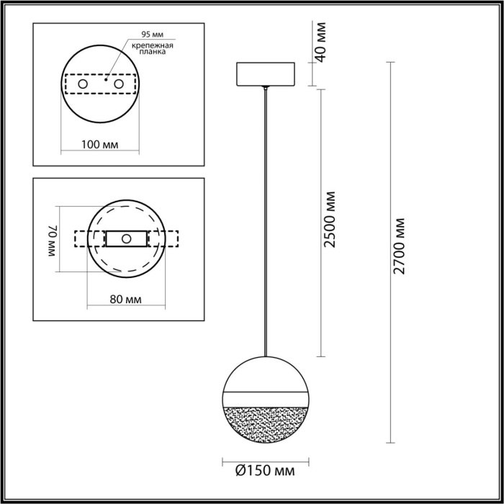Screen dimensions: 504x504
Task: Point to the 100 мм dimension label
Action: tap(100, 144)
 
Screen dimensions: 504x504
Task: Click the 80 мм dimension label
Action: tap(126, 298)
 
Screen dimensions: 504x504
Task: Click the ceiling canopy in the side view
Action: tap(266, 73)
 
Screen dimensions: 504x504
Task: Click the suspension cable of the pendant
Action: tap(266, 216)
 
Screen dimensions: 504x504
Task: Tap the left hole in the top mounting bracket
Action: tap(84, 84)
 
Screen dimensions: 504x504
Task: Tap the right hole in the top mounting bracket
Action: tap(117, 84)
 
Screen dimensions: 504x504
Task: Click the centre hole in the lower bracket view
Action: tap(127, 238)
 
